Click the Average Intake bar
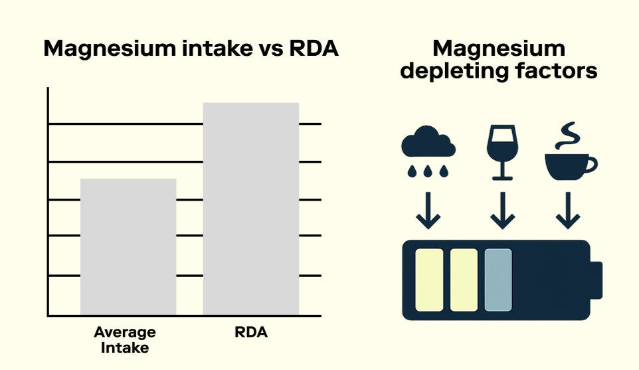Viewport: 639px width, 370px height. [x=128, y=246]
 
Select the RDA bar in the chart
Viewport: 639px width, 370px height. [x=250, y=209]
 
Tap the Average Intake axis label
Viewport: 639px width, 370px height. [x=124, y=339]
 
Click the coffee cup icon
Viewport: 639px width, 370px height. [x=569, y=164]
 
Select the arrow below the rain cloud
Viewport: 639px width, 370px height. [x=428, y=211]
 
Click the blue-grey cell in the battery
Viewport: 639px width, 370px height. [x=498, y=280]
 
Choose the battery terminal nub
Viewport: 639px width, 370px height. [x=595, y=280]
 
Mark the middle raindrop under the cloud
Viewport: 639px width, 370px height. [x=428, y=171]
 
